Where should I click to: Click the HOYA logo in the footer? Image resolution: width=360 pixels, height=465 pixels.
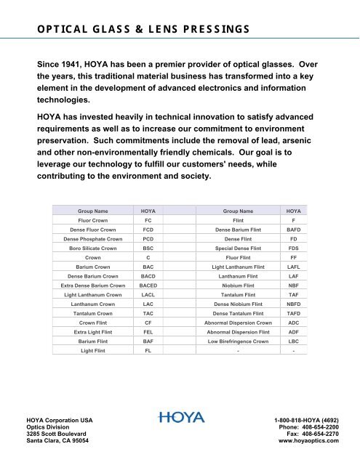pos(180,418)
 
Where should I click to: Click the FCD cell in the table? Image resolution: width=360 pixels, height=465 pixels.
pos(148,227)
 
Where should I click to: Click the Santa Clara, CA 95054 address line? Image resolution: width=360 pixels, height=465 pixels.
pos(57,440)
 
